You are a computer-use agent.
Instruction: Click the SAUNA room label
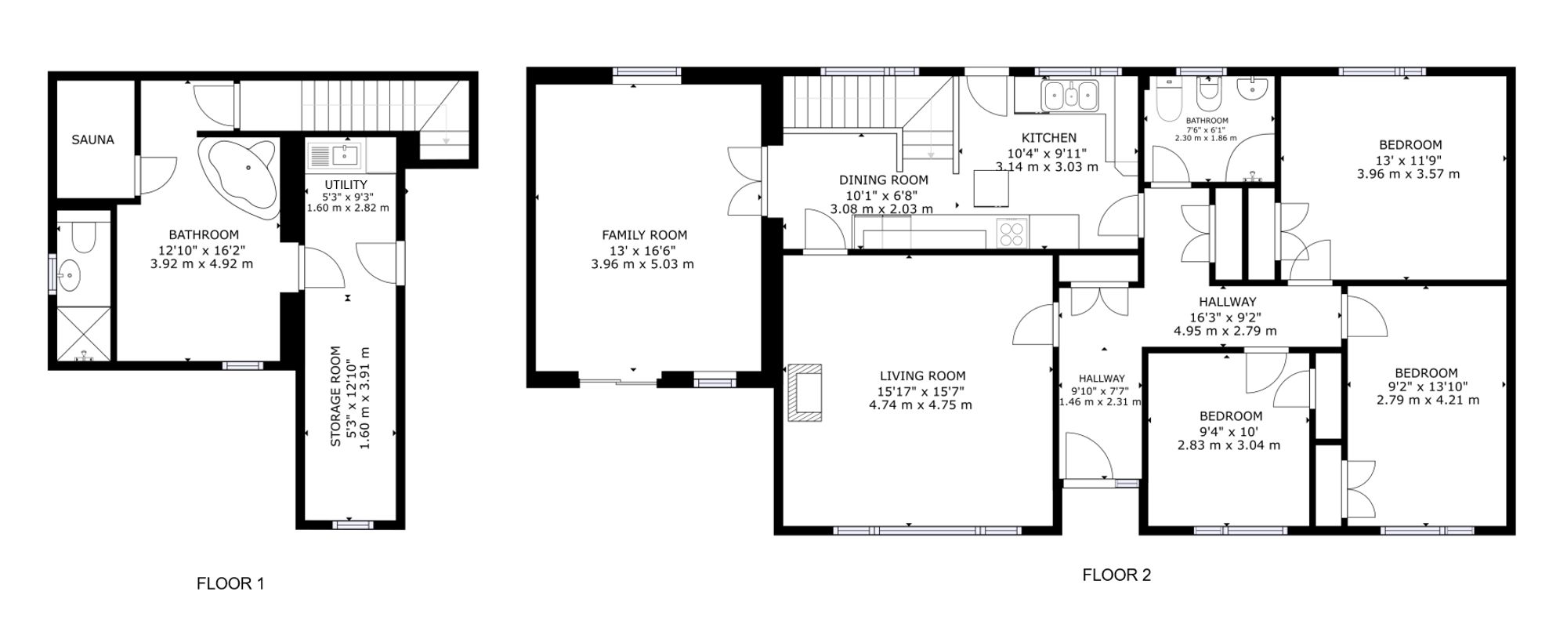[92, 140]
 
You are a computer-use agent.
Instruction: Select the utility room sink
[333, 154]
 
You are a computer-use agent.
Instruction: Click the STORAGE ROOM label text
[335, 397]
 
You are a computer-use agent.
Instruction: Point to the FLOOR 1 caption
[230, 584]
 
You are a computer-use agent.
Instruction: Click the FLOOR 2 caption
[1116, 575]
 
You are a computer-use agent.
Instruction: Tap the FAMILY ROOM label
[644, 235]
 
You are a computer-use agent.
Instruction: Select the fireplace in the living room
[806, 392]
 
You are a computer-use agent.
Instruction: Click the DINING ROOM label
[884, 180]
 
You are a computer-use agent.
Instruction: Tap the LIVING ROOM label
[922, 376]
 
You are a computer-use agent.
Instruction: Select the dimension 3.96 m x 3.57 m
[1409, 174]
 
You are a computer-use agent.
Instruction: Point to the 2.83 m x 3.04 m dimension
[1229, 445]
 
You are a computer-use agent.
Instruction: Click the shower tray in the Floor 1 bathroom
[84, 334]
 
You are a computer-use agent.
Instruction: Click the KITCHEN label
[1048, 138]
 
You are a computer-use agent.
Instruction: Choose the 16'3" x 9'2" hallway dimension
[1227, 317]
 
